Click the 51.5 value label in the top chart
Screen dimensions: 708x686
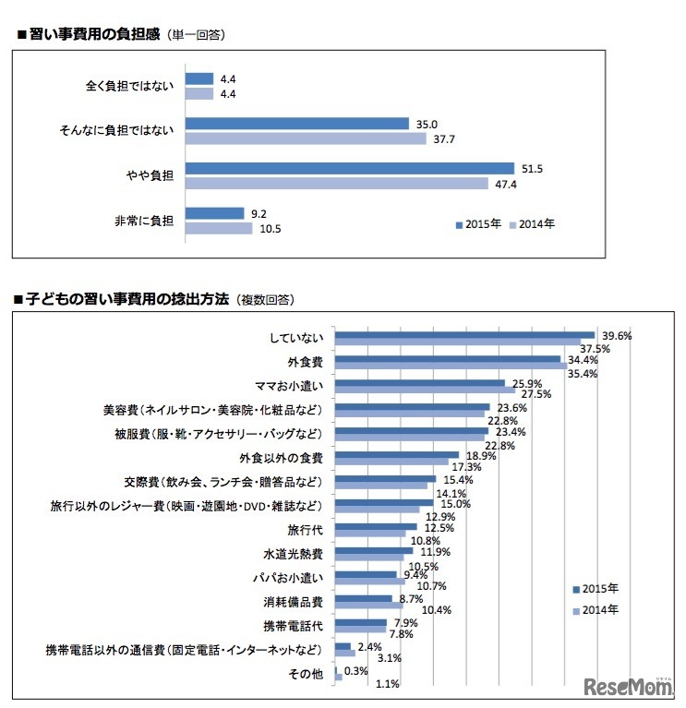click(x=529, y=168)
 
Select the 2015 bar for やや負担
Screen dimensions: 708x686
click(x=350, y=168)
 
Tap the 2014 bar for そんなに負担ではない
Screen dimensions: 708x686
click(x=306, y=138)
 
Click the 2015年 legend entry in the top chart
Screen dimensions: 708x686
click(x=478, y=223)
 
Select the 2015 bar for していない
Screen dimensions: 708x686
click(x=464, y=335)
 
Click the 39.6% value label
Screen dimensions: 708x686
click(x=616, y=336)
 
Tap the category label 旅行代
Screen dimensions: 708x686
click(x=304, y=531)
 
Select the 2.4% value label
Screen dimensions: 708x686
click(x=370, y=647)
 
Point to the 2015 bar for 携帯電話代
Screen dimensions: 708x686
click(x=360, y=623)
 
